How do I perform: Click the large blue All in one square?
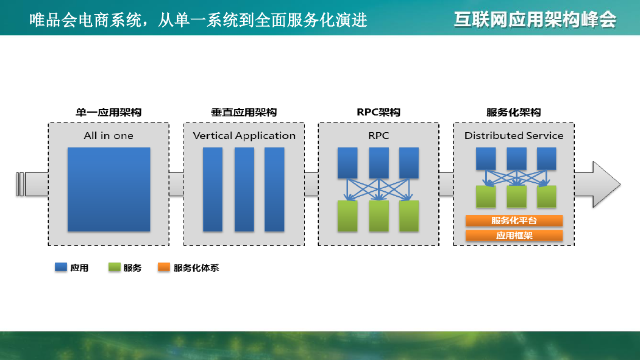click(x=109, y=189)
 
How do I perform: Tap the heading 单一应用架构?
click(x=108, y=112)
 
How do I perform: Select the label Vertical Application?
click(x=244, y=136)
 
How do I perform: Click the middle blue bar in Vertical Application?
click(x=244, y=189)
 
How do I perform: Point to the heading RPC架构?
click(x=379, y=112)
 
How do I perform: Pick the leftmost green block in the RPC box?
click(x=347, y=216)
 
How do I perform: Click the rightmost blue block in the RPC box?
click(x=409, y=163)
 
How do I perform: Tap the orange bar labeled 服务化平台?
click(x=514, y=221)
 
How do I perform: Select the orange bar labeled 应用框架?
click(x=514, y=236)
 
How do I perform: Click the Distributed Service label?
click(x=514, y=136)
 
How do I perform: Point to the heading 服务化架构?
click(x=513, y=112)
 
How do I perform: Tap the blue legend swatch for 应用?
click(x=61, y=267)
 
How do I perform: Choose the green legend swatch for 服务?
click(x=115, y=267)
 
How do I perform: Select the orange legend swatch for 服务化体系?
click(x=164, y=267)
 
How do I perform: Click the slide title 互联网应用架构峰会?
click(x=535, y=19)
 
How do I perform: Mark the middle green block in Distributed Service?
click(x=516, y=197)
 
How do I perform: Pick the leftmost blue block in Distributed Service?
click(x=486, y=158)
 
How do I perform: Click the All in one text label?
click(x=108, y=136)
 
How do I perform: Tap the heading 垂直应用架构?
click(x=244, y=112)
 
